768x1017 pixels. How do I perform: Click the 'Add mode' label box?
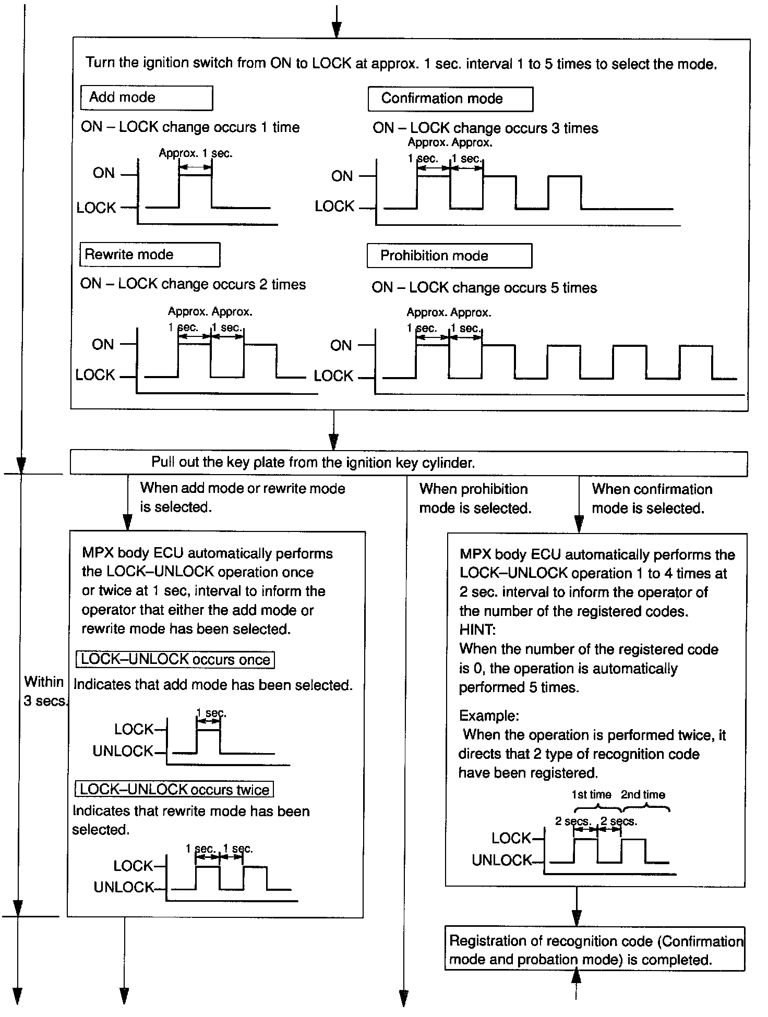[146, 98]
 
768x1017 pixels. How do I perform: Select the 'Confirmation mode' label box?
[450, 99]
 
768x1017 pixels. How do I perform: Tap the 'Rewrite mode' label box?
[149, 255]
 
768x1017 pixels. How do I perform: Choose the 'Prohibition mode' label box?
[449, 256]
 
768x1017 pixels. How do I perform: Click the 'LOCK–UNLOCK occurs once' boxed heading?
[175, 659]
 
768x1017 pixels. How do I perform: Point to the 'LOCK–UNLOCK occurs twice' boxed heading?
[174, 789]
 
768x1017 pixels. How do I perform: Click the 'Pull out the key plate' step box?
[408, 463]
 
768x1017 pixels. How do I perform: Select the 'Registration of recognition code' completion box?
[594, 950]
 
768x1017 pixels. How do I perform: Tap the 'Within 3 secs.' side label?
[45, 691]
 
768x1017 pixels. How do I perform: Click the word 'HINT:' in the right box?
[477, 630]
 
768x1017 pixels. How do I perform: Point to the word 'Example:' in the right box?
[489, 716]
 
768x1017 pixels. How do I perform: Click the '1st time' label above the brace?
[591, 794]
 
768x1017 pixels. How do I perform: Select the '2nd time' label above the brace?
[643, 794]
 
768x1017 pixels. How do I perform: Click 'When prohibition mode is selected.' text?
[475, 499]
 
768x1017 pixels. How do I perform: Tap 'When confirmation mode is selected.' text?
[652, 499]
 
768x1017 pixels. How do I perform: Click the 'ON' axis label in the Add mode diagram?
[103, 173]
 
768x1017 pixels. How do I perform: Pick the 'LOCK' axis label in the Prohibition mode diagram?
[333, 376]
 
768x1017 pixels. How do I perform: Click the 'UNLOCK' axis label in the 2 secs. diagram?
[501, 860]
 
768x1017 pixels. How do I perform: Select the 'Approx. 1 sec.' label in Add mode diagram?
[195, 153]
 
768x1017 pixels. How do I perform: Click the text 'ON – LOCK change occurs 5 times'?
[484, 288]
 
